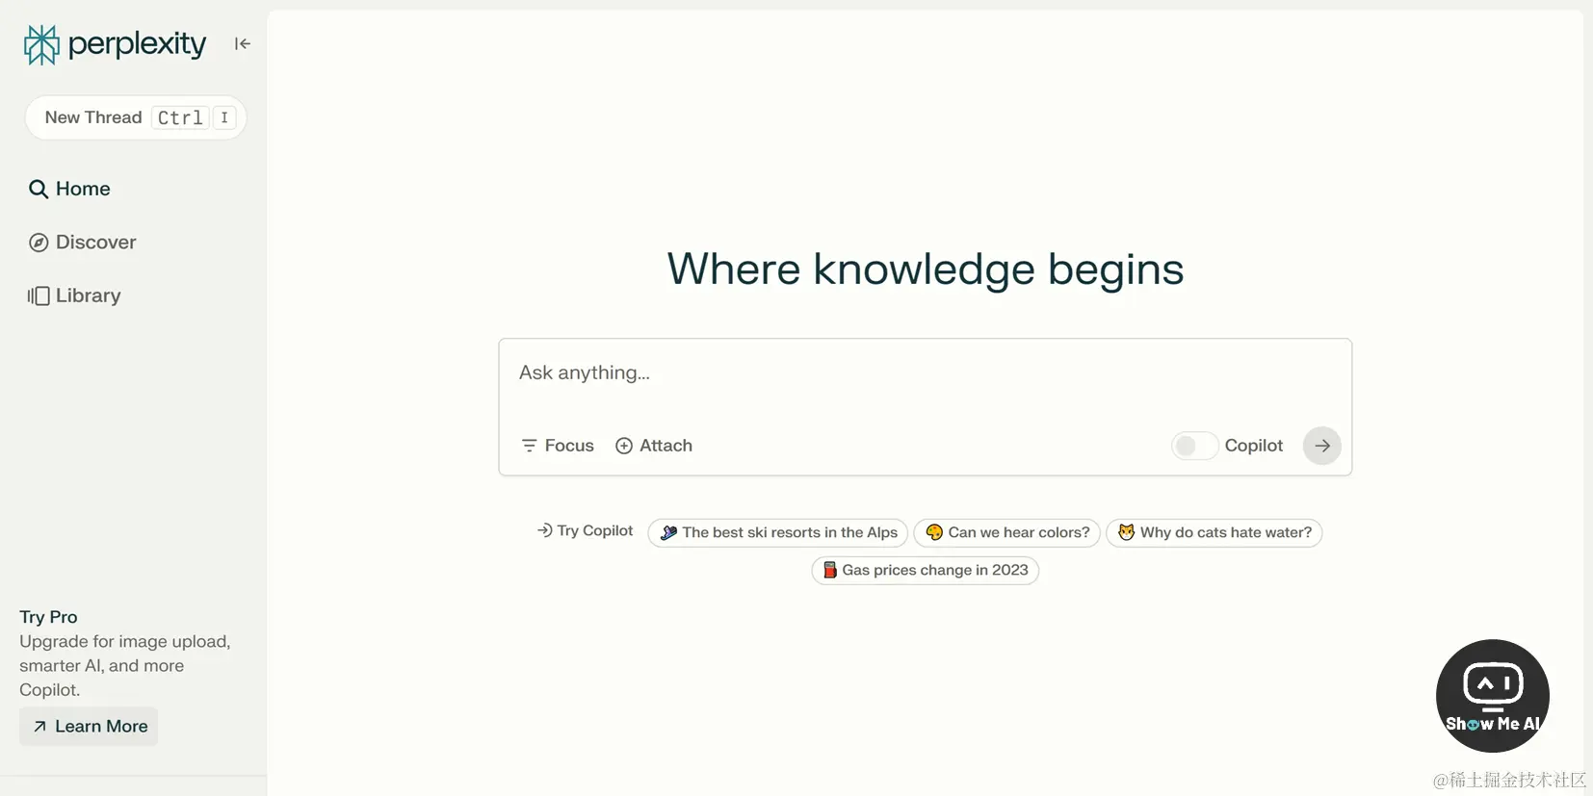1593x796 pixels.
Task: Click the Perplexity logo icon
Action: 41,45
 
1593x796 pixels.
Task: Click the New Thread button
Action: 136,117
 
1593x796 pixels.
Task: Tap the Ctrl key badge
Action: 180,117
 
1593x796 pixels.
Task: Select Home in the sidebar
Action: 69,189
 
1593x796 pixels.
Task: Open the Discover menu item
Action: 82,242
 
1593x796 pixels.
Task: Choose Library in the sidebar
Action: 74,295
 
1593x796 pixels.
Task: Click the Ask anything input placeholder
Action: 584,372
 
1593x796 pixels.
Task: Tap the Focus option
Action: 558,446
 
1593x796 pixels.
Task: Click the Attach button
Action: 654,446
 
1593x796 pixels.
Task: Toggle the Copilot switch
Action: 1194,446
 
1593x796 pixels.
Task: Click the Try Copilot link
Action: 585,531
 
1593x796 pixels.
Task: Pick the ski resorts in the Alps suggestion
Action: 777,532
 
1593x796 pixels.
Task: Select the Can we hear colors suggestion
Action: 1007,532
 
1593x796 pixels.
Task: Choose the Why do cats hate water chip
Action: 1214,532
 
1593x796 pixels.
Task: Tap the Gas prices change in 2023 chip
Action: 926,570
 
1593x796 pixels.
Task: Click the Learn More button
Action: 89,727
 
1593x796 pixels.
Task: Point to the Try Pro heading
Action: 48,617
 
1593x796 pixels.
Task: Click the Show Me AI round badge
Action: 1493,696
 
